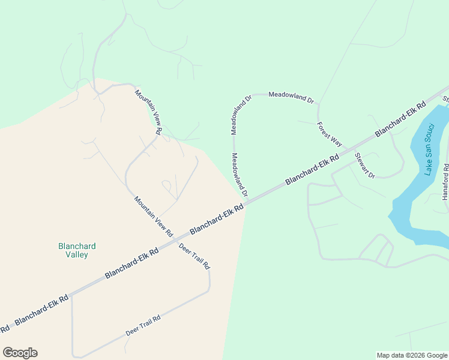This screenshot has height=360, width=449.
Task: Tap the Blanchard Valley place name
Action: [77, 250]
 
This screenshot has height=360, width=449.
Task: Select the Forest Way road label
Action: [330, 134]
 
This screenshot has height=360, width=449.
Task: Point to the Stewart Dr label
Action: [364, 166]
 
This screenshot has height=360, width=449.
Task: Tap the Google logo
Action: [20, 353]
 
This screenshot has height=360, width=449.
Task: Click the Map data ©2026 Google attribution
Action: [412, 355]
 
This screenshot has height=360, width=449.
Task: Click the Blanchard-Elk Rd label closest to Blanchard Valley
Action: [131, 263]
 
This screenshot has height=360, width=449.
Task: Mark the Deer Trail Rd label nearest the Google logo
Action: [143, 325]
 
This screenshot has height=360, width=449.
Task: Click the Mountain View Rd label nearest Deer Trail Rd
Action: [153, 216]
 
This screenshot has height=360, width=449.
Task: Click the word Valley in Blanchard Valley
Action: [77, 254]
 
